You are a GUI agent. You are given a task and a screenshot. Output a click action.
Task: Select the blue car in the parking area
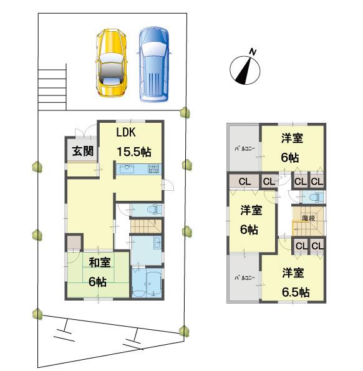pyautogui.click(x=153, y=64)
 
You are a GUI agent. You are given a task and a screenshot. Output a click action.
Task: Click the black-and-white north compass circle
pyautogui.click(x=244, y=70)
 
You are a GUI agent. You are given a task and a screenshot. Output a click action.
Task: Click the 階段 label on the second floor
pyautogui.click(x=308, y=218)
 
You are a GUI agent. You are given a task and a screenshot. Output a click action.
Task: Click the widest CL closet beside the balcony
pyautogui.click(x=244, y=181)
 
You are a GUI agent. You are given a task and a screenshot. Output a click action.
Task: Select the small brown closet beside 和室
pyautogui.click(x=74, y=243)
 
